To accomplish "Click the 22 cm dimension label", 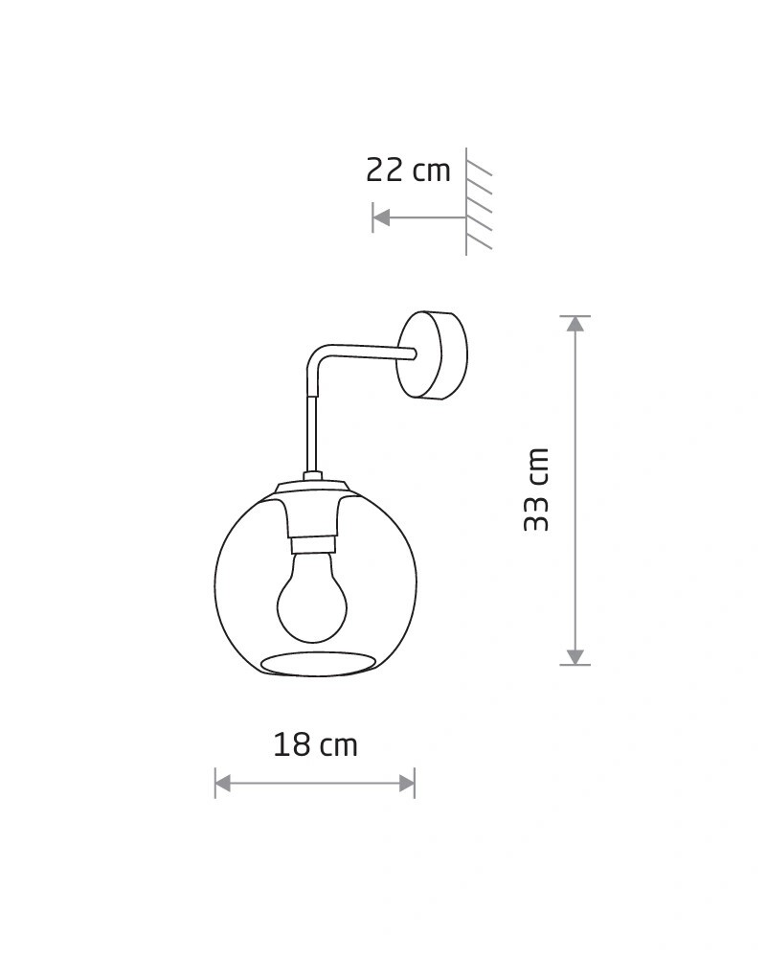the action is tap(408, 170).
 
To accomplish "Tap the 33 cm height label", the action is tap(537, 490).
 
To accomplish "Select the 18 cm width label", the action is tap(315, 744).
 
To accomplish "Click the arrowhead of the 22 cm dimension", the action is tap(381, 217).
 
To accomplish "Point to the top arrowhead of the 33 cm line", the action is tap(575, 324).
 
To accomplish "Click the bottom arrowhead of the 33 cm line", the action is tap(575, 656).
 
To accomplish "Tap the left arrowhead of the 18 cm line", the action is tap(223, 783).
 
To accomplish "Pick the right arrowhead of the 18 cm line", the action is tap(407, 783).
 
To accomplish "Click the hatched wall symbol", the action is tap(479, 201).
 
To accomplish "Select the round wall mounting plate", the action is tap(432, 355).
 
